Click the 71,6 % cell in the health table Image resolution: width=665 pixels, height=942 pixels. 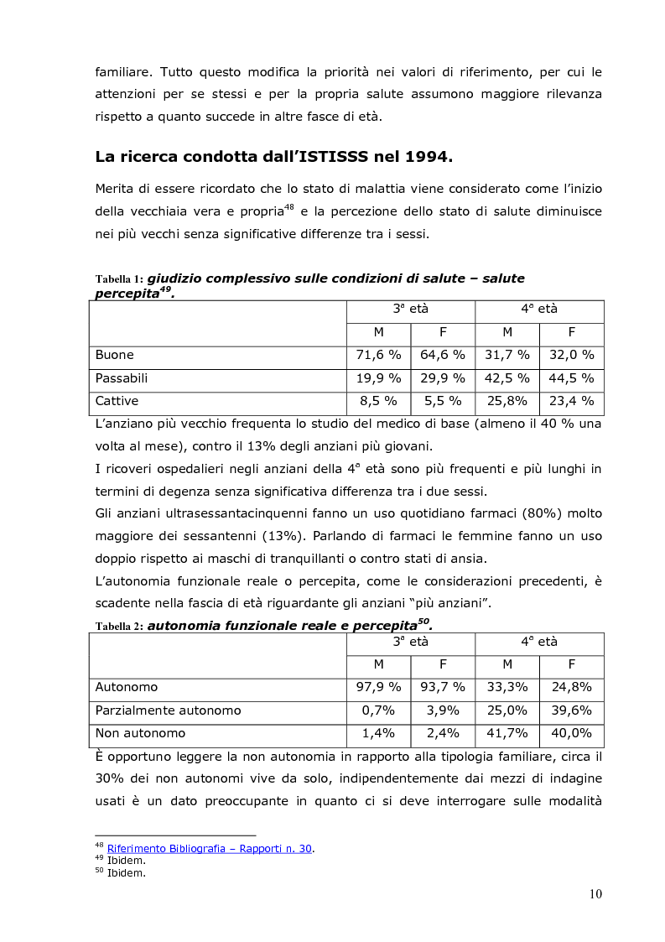378,355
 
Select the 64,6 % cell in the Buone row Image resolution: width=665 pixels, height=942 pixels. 442,355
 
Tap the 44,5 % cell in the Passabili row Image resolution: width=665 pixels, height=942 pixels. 571,378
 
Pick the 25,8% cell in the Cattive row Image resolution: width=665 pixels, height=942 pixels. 507,401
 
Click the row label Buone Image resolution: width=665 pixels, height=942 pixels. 115,355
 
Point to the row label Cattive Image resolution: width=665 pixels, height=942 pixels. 117,401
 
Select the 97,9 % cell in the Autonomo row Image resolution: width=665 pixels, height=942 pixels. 378,687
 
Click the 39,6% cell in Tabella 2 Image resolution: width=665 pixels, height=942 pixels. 571,710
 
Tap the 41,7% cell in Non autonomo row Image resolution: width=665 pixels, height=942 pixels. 507,733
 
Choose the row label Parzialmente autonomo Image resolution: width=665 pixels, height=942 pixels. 168,710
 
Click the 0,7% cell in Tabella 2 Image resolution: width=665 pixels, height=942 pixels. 378,710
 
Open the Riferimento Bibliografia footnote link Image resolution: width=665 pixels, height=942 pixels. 210,849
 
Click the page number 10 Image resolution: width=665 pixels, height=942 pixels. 595,894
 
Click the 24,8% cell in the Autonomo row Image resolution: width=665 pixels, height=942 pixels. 571,687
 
